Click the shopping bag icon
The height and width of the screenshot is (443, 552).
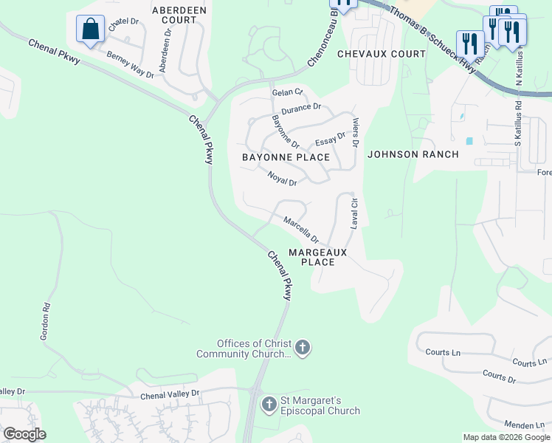90,30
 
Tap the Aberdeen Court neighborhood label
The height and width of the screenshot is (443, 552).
179,15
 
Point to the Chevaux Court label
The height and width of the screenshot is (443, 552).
382,54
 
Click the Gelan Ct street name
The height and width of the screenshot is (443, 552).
287,92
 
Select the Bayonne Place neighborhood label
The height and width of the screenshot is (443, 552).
286,157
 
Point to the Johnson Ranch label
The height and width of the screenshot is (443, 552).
413,154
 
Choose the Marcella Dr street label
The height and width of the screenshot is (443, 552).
301,229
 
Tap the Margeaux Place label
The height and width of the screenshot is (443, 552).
317,257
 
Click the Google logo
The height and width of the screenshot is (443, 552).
24,434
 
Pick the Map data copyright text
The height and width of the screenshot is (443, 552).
506,437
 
